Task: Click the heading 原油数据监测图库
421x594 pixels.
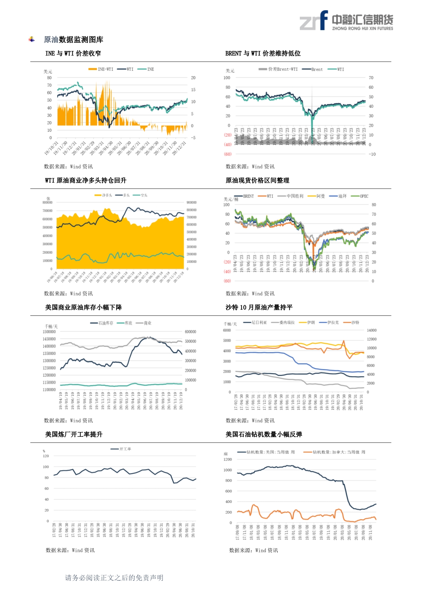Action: point(73,40)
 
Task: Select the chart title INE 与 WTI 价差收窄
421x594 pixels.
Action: point(73,53)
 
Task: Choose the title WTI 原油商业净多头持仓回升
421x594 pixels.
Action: point(86,180)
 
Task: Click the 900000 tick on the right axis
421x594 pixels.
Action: point(191,203)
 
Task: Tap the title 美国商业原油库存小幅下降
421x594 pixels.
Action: point(84,307)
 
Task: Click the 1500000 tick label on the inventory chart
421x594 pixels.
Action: point(49,332)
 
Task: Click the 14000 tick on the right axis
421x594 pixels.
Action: point(372,330)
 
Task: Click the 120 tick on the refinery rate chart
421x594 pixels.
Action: point(46,456)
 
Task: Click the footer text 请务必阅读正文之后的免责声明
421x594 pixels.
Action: point(114,578)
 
